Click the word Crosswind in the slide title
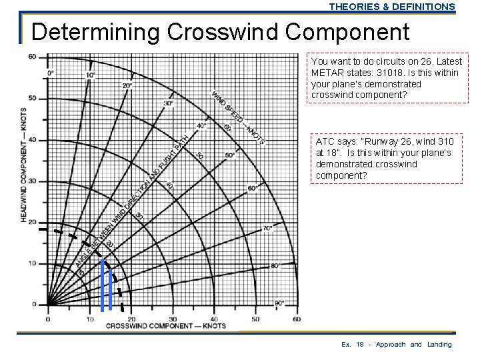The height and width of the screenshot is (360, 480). (x=223, y=32)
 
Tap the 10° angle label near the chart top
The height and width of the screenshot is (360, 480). (x=90, y=75)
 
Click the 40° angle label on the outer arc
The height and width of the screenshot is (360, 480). (x=201, y=125)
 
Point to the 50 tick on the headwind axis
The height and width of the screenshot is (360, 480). (x=31, y=99)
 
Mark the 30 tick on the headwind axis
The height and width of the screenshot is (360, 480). (x=31, y=181)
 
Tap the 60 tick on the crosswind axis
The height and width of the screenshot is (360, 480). (x=296, y=319)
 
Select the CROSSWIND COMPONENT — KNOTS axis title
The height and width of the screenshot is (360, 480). (x=165, y=327)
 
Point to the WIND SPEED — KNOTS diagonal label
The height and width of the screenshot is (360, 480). (x=239, y=117)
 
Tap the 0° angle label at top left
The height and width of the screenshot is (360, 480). (x=50, y=73)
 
